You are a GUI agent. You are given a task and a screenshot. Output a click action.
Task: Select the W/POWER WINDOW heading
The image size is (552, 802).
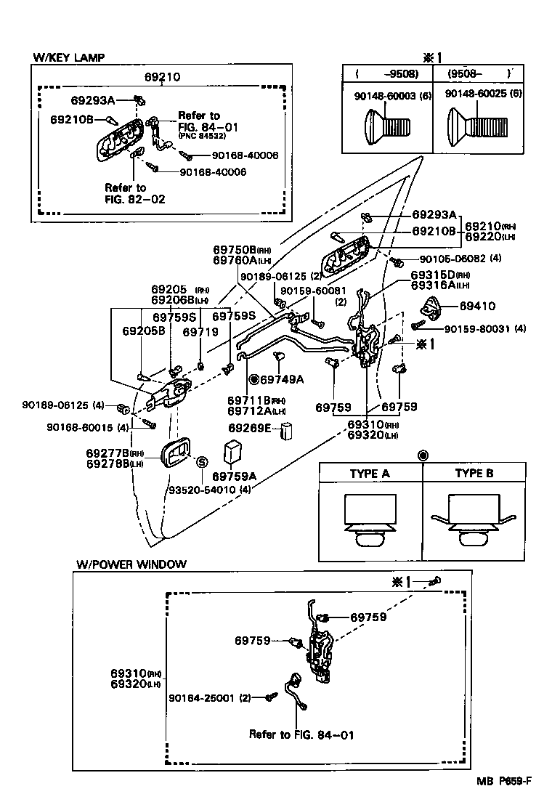(x=131, y=564)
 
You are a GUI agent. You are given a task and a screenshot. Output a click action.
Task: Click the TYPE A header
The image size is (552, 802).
(x=370, y=473)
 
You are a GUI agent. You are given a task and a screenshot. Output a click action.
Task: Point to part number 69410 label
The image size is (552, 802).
(x=478, y=307)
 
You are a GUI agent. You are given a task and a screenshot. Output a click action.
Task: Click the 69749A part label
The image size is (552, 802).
(x=282, y=379)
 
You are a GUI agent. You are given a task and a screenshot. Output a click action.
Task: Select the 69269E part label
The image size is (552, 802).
(x=251, y=429)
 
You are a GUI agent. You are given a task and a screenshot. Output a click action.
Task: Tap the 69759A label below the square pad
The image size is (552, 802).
(x=234, y=477)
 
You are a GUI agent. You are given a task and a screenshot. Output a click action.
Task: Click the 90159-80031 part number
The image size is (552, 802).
(x=478, y=329)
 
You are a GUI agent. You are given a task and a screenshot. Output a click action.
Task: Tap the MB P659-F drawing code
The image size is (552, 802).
(x=504, y=781)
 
